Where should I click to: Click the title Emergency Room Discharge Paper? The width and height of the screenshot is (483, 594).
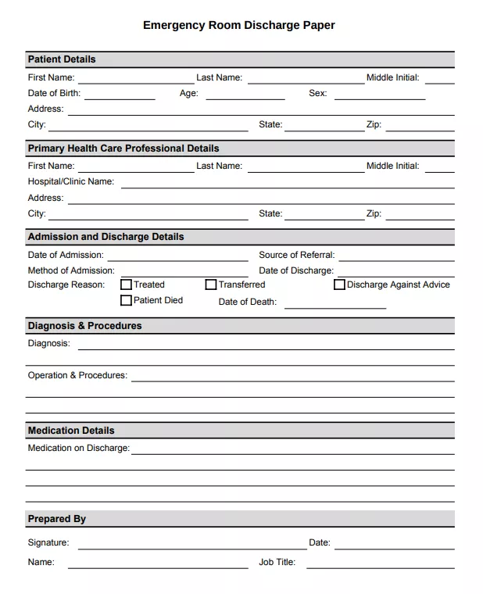point(238,25)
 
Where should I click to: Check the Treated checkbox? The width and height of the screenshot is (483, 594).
point(126,284)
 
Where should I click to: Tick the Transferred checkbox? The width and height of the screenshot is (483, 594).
point(211,284)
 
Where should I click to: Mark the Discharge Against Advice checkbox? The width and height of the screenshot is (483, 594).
point(339,284)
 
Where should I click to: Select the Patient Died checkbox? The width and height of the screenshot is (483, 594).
point(126,300)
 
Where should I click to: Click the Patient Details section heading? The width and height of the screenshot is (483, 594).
point(62,59)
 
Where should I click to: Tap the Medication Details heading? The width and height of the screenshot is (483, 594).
point(71,431)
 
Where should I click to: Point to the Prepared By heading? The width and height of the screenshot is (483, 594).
point(57,519)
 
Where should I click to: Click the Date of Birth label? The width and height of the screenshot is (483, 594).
point(54,93)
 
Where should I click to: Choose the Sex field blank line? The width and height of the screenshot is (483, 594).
point(380,96)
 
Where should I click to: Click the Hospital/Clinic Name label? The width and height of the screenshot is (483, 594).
point(71,181)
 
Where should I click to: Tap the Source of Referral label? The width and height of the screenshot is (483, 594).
point(296,255)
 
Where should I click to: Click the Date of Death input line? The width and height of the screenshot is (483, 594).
point(335,305)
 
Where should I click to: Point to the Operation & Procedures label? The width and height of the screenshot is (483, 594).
point(77,375)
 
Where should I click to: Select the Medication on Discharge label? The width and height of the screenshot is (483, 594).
point(79,448)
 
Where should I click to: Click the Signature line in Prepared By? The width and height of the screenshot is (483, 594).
point(192,546)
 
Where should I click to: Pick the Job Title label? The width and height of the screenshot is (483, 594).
point(277,562)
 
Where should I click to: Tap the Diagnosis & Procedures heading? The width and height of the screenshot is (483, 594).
point(85,326)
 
